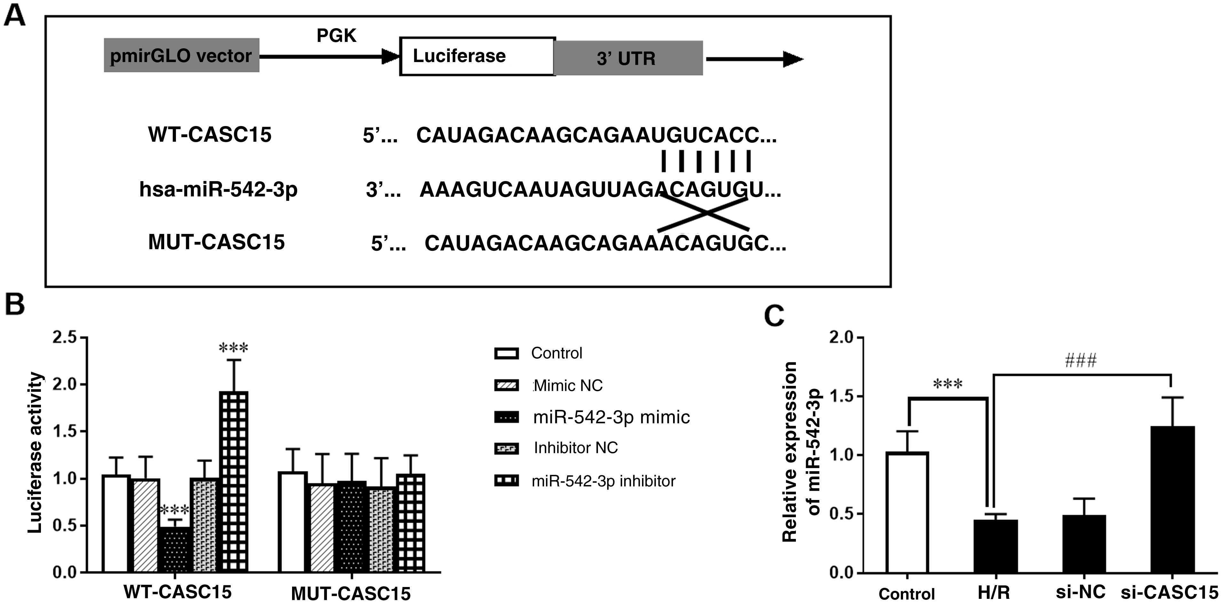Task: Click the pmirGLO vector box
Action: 181,56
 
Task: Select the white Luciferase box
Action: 477,56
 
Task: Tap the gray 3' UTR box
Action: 628,58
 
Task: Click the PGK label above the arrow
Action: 336,36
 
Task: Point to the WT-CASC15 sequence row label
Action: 210,134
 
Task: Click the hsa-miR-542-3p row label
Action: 218,189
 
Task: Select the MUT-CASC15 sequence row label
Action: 216,242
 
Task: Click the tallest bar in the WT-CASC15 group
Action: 234,481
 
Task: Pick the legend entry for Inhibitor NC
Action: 575,448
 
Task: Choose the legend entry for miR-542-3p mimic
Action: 611,417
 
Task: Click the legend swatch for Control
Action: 506,353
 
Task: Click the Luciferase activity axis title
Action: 35,453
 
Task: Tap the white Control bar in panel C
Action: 907,512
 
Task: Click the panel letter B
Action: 15,304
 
